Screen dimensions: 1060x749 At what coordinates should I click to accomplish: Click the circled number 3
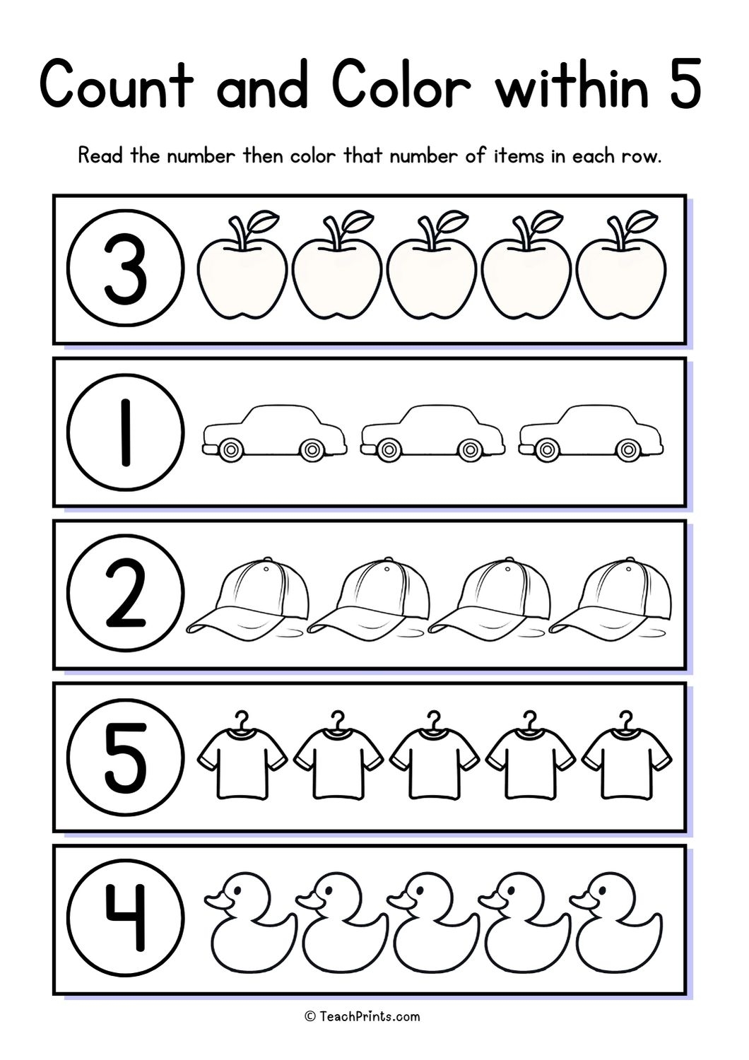[126, 269]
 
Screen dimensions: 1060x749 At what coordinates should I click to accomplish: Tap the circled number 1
[126, 432]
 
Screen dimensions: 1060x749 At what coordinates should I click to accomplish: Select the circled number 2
[126, 594]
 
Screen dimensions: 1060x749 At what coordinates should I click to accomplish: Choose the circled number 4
[126, 919]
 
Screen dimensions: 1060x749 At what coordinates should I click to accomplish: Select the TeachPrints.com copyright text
[362, 1016]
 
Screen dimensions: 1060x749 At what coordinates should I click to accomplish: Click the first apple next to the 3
[242, 276]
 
